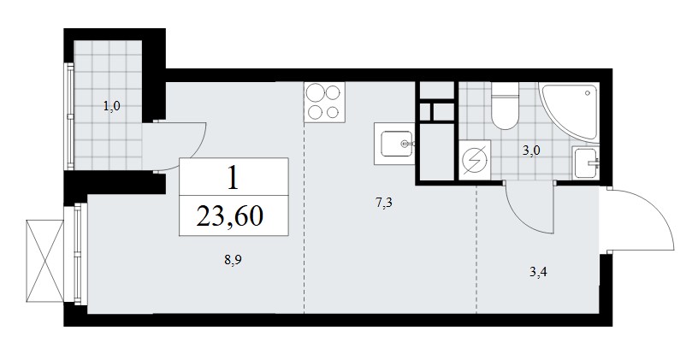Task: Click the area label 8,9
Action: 233,260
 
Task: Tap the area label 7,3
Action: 383,204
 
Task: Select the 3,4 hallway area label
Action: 538,272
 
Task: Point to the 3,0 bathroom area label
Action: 531,150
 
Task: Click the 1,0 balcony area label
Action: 112,106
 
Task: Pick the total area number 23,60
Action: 230,216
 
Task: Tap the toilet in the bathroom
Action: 505,106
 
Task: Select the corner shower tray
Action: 570,112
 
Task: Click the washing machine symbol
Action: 475,160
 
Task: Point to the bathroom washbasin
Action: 586,162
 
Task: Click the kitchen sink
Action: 394,144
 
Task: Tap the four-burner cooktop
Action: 325,103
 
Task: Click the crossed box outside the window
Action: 44,261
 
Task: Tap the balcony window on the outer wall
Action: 70,116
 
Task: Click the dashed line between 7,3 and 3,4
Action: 476,250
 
